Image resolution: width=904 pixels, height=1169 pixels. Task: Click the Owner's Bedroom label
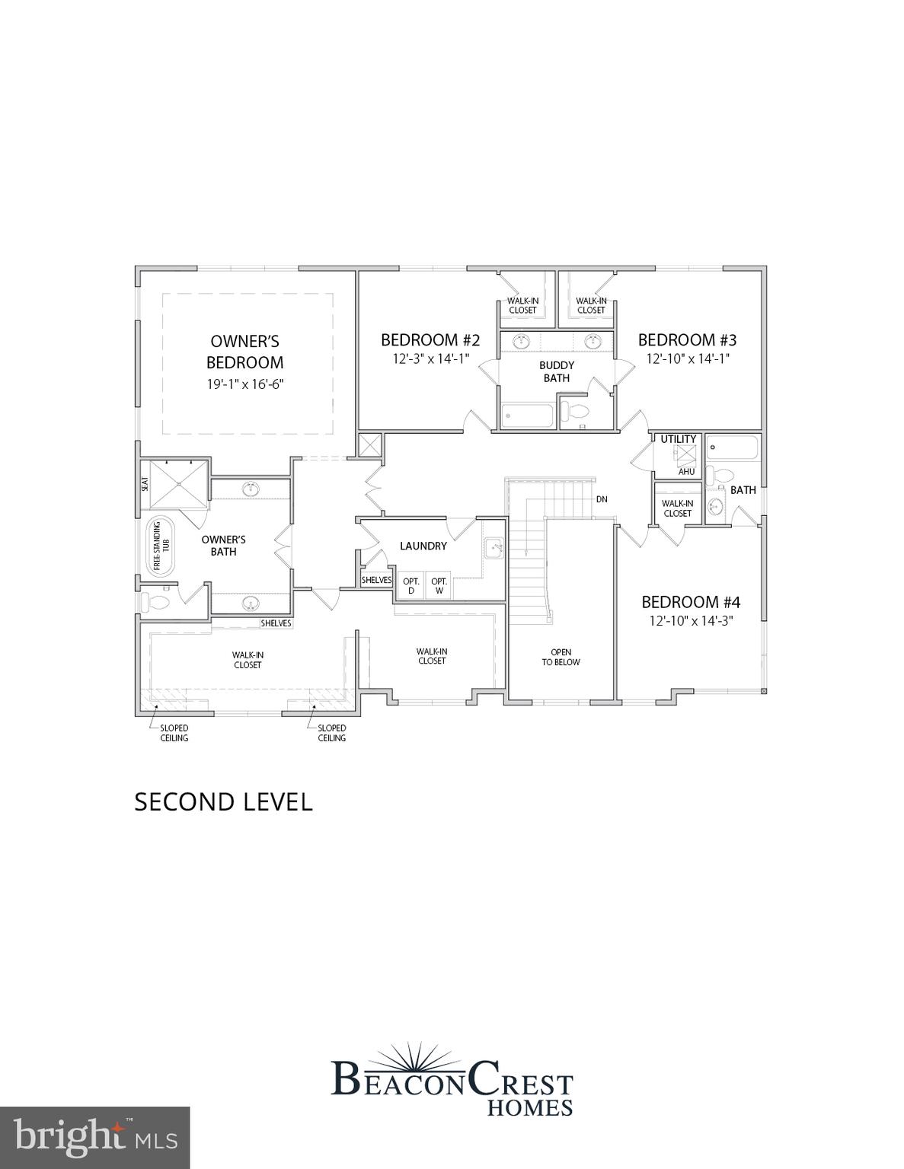coord(245,352)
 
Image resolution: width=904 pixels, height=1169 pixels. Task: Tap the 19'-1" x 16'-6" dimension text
coord(245,384)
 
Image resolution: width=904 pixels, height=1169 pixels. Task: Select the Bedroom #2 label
coord(430,339)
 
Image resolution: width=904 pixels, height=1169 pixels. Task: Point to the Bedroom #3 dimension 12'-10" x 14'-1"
coord(688,358)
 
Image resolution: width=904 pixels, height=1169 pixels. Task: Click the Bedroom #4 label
coord(691,602)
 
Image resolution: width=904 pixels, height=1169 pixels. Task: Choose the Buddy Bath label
coord(557,371)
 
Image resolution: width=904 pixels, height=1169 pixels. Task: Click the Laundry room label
coord(423,546)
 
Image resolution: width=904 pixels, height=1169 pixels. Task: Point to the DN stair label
coord(602,499)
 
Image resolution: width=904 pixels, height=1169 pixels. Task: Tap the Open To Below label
coord(561,657)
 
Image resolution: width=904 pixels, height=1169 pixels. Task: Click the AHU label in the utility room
coord(686,472)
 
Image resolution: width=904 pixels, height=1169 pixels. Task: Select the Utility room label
coord(678,439)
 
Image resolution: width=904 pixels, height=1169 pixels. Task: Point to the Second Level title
coord(223,802)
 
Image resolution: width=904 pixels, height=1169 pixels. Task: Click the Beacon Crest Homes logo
coord(452,1081)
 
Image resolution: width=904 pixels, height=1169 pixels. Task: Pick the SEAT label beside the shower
coord(145,483)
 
